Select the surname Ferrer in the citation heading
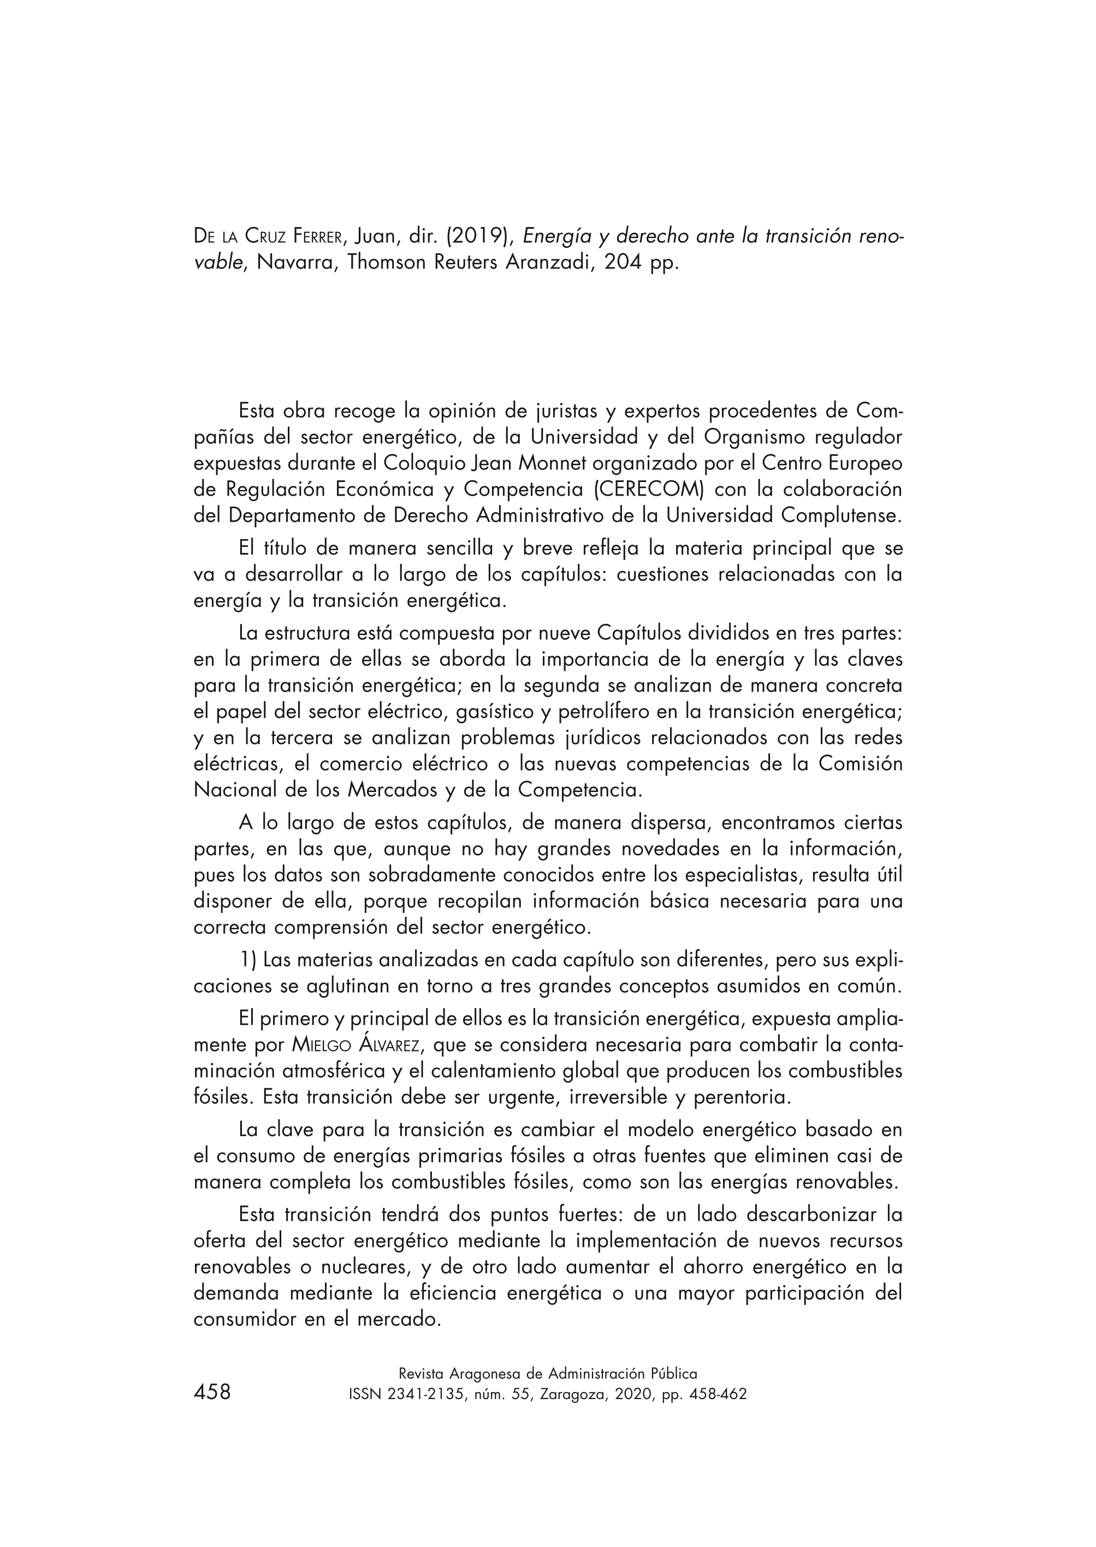click(x=321, y=236)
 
